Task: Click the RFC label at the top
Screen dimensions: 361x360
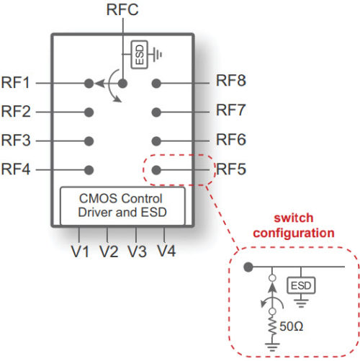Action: (x=122, y=9)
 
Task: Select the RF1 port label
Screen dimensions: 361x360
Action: (x=16, y=83)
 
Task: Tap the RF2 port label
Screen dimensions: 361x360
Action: (x=16, y=112)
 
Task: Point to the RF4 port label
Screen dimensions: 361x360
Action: (x=16, y=170)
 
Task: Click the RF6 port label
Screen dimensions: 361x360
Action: (x=231, y=140)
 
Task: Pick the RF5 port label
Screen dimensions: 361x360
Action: (x=231, y=170)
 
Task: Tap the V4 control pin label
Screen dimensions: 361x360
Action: (x=166, y=251)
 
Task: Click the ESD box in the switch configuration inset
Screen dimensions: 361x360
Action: (x=300, y=286)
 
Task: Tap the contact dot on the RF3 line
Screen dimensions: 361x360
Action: (x=89, y=141)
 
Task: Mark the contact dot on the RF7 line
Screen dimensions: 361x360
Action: (x=156, y=112)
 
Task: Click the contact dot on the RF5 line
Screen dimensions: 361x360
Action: (x=156, y=170)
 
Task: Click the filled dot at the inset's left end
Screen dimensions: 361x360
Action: (x=248, y=267)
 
